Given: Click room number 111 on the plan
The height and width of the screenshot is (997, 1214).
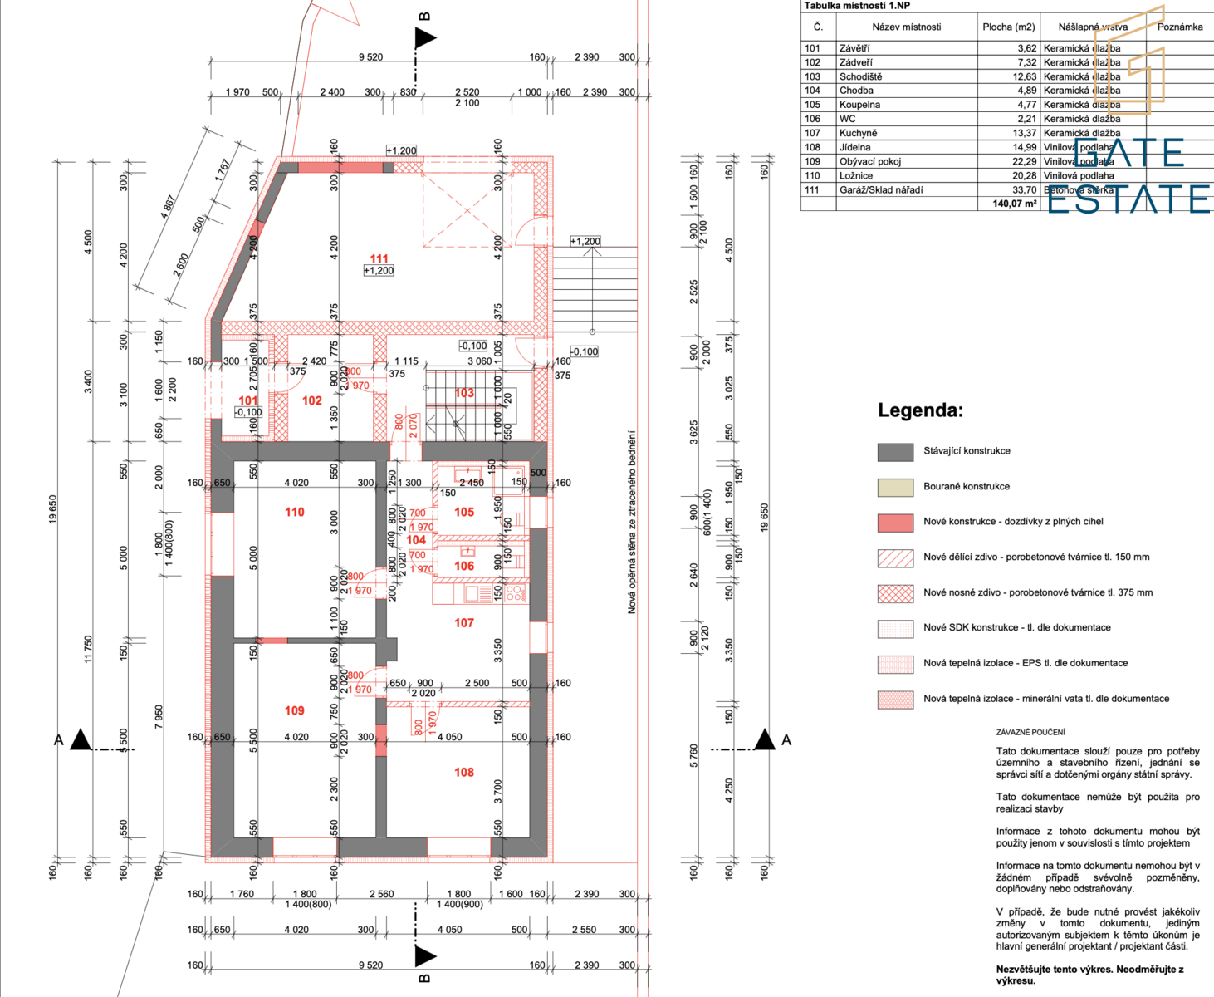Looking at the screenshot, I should [x=379, y=258].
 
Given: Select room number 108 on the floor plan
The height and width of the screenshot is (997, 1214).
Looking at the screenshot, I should [x=464, y=772].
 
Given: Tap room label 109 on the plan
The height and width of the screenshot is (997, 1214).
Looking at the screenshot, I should [x=295, y=710].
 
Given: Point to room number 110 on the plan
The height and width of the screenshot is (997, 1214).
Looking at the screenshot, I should [x=295, y=512].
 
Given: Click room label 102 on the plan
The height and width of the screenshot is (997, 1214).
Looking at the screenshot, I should [x=312, y=400].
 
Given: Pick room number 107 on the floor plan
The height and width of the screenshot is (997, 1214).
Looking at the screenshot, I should [x=464, y=622].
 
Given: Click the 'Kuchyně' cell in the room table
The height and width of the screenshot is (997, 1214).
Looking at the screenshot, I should [x=858, y=133].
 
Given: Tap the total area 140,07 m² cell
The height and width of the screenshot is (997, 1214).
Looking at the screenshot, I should [x=1014, y=204].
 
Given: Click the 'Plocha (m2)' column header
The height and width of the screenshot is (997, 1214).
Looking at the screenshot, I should [x=1008, y=27].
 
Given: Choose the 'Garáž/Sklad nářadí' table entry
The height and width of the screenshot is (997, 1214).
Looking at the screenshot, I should [x=880, y=189].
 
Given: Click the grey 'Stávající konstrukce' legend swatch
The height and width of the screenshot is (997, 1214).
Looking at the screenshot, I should [x=895, y=451].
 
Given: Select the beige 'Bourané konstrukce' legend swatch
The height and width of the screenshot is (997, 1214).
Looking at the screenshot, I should [x=895, y=487].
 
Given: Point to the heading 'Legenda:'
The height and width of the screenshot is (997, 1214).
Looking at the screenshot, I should [x=920, y=410].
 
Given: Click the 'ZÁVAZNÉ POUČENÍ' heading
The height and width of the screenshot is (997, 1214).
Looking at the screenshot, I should [x=1030, y=732].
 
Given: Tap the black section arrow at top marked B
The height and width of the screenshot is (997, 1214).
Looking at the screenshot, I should [x=425, y=37].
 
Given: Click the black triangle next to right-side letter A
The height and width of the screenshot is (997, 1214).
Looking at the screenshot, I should [x=764, y=739].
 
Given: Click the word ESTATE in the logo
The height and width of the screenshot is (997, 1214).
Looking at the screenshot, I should [x=1128, y=199].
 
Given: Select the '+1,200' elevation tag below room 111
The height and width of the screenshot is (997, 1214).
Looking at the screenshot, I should [x=379, y=271].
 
